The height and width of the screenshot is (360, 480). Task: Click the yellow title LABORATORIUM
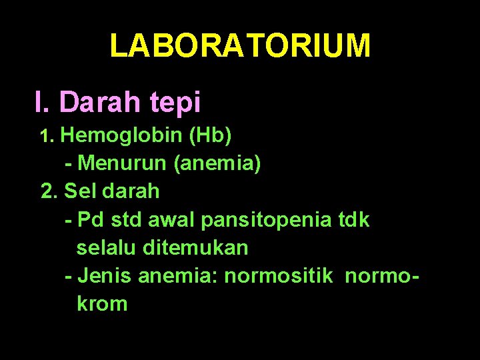pos(240,45)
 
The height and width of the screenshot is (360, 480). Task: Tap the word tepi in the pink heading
pos(176,103)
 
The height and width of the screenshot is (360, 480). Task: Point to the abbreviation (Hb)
pos(211,136)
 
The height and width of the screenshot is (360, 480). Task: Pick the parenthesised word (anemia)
pos(217,163)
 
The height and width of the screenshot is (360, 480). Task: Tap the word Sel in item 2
pos(79,191)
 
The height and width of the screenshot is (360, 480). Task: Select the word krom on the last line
pos(102,304)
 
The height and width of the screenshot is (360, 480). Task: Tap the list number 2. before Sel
pos(50,191)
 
